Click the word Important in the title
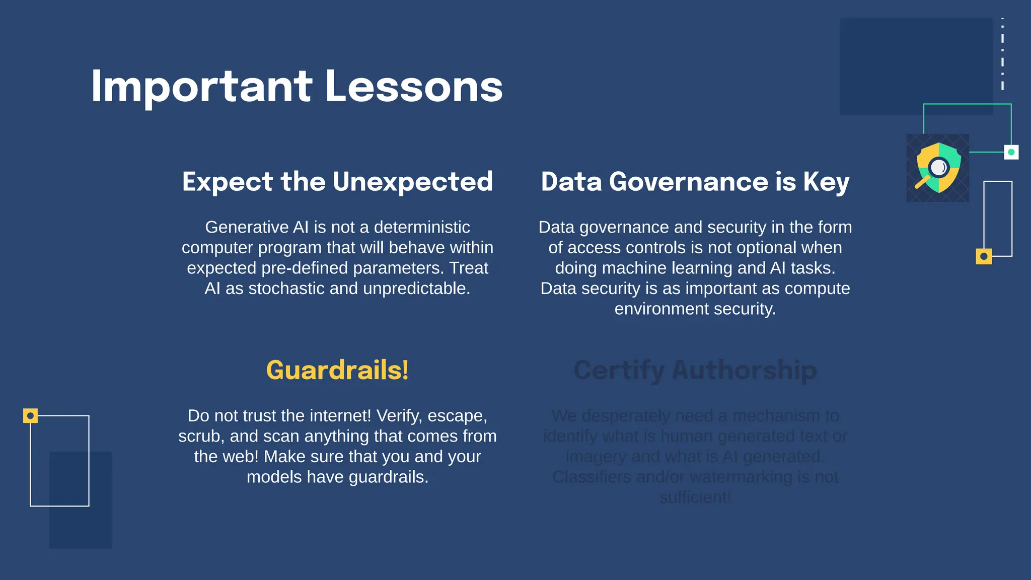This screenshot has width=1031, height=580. point(201,87)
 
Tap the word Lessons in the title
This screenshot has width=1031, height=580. point(414,87)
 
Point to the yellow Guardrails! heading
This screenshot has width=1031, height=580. point(337,370)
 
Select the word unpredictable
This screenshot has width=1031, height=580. point(416,288)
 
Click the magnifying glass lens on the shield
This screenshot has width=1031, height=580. point(938,167)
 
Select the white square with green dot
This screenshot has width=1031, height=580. point(1011,152)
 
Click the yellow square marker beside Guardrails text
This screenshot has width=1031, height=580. point(30,416)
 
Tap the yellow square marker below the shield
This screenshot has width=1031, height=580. point(984,256)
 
